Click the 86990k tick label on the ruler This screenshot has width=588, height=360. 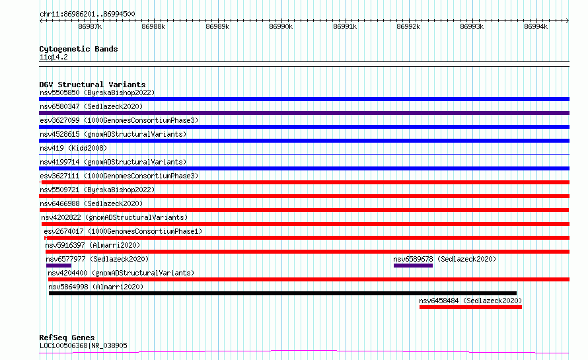coord(281,26)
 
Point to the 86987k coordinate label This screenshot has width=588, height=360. coord(90,26)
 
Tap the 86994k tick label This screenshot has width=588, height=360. coord(536,26)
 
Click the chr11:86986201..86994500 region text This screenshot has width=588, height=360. coord(87,14)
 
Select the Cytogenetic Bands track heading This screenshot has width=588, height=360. coord(79,49)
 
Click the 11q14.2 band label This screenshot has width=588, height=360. coord(54,57)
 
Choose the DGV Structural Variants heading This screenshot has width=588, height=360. coord(92,85)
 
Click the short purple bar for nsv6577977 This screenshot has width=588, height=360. coord(59,266)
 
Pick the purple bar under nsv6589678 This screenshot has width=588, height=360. coord(413,266)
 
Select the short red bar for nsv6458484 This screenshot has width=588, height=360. coord(470,307)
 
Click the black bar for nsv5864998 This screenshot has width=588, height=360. coord(283,293)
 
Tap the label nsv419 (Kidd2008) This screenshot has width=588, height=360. coord(73,148)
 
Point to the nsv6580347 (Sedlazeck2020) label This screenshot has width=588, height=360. coord(91,106)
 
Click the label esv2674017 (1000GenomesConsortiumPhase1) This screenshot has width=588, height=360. coord(123,231)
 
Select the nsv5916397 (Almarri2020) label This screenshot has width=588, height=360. coord(92,245)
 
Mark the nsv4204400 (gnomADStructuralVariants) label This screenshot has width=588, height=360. coord(121,273)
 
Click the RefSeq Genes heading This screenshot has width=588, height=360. coord(67,338)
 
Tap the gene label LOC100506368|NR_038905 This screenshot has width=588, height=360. coord(83,345)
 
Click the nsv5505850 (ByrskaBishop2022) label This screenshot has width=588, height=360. coord(97,92)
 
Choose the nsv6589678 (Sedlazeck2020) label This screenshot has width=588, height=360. coord(445,259)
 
